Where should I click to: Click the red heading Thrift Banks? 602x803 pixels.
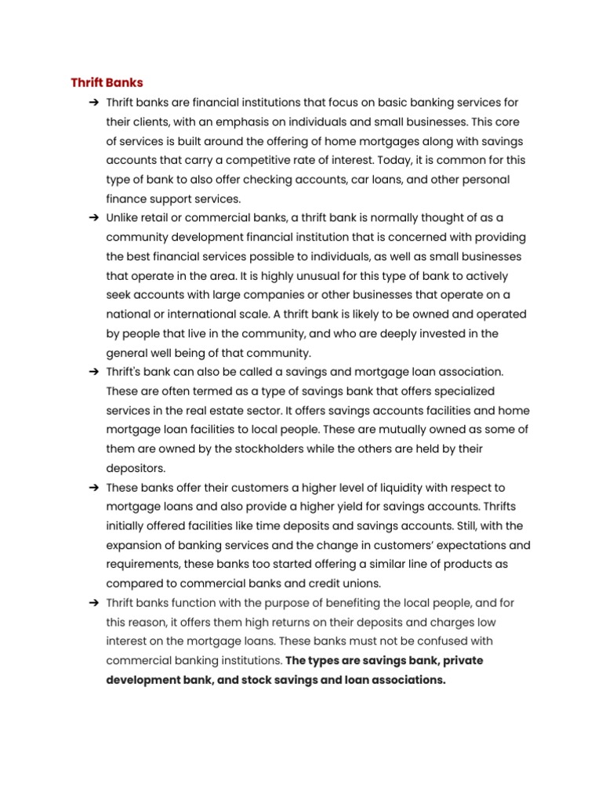coord(107,82)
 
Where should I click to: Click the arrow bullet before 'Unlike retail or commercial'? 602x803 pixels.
coord(93,218)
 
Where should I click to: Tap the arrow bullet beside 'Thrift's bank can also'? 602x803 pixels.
coord(93,372)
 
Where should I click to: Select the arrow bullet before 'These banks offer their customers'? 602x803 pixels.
coord(93,487)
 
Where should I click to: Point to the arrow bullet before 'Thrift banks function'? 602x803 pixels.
coord(93,602)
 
